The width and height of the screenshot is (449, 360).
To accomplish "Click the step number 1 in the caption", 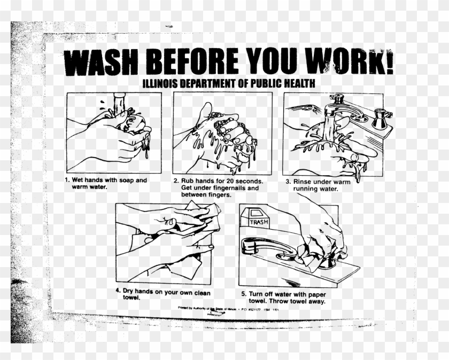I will (x=67, y=181).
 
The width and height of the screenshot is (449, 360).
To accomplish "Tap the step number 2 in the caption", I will (x=176, y=181).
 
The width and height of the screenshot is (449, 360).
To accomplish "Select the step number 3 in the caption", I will (x=288, y=182).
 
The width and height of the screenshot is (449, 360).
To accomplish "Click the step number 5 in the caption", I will (x=243, y=294).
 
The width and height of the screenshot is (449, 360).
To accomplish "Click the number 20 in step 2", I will (x=225, y=181).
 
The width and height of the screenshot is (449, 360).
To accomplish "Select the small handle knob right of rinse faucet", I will (x=380, y=118).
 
